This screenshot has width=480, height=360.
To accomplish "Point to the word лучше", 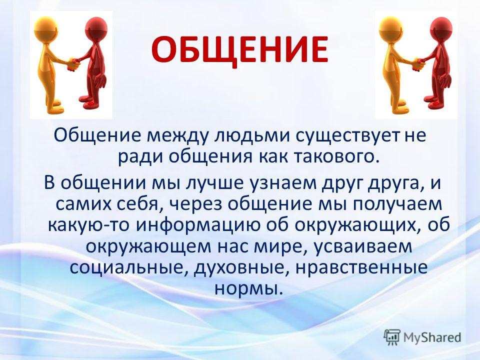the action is tap(216, 183).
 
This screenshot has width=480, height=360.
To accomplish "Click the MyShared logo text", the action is tap(432, 337).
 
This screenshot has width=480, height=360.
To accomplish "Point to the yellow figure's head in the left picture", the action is tap(46, 27).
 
